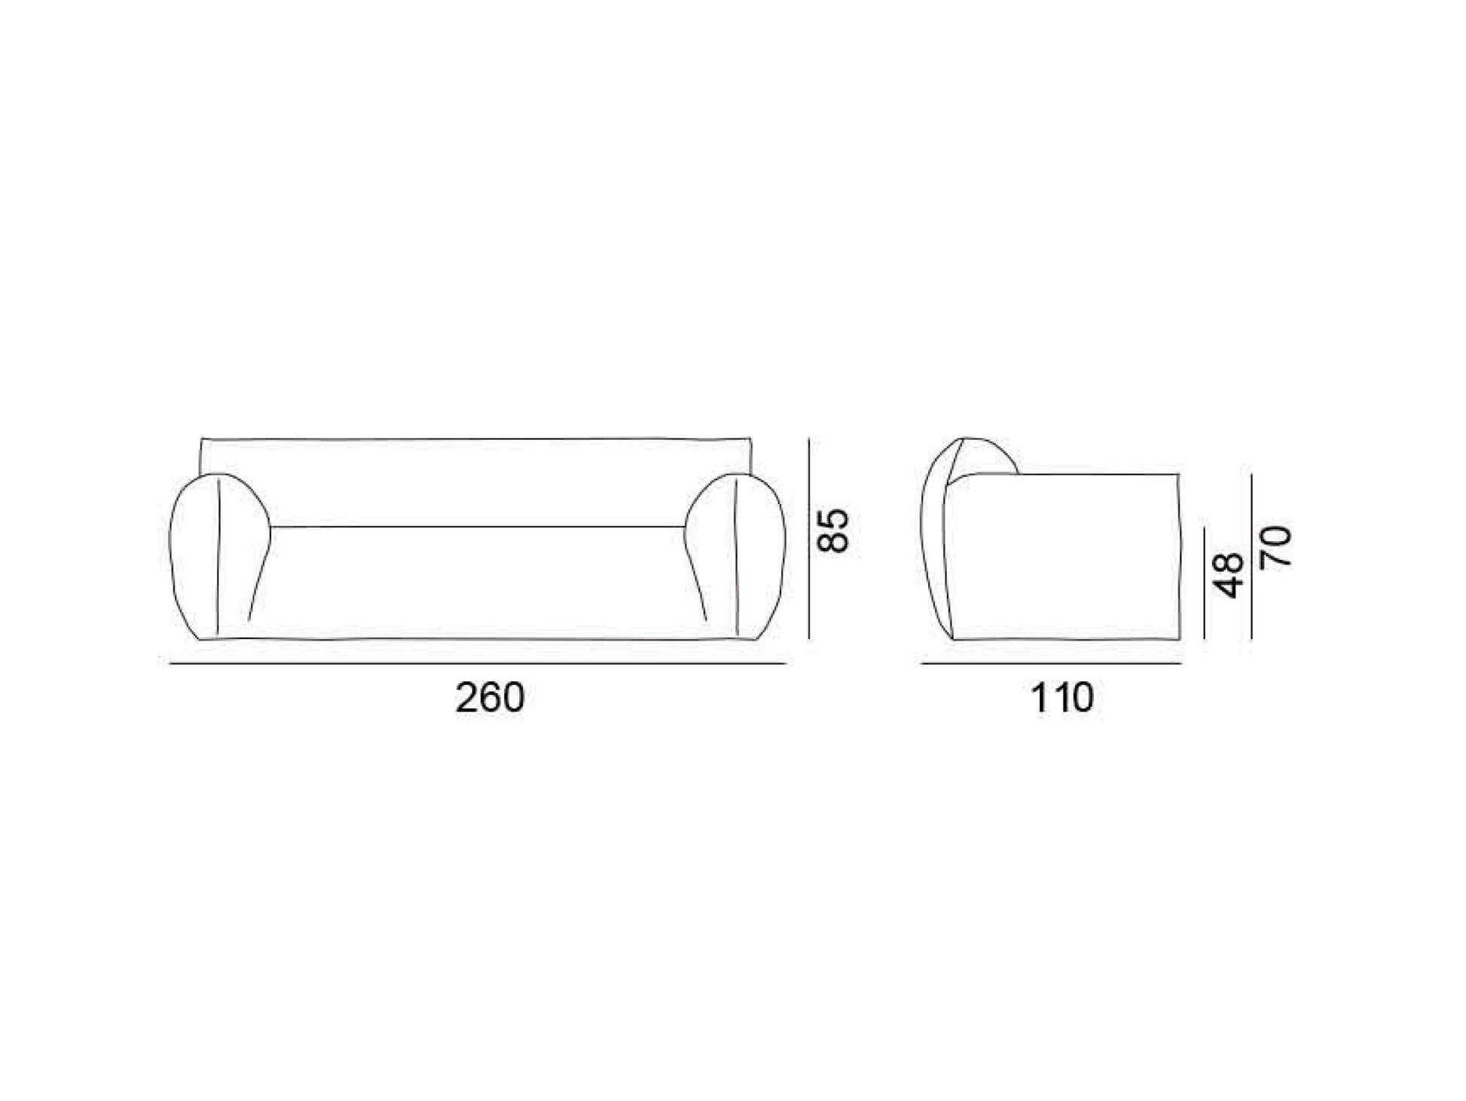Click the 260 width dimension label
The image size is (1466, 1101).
click(x=490, y=698)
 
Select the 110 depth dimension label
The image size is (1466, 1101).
click(x=1061, y=698)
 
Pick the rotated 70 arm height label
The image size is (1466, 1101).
click(x=1278, y=546)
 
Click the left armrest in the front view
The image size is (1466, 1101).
click(x=218, y=556)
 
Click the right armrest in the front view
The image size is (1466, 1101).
click(x=736, y=556)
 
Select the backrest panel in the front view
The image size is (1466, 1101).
click(x=477, y=482)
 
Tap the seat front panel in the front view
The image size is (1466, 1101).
click(x=477, y=583)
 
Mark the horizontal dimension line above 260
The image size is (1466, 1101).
click(x=478, y=664)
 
